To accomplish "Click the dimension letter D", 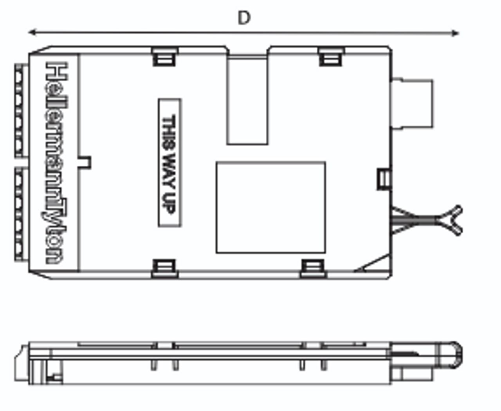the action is (x=244, y=18).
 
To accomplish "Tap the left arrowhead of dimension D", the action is (x=32, y=32).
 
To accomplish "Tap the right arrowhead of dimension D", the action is (x=455, y=33).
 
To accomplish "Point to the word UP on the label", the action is (x=169, y=204).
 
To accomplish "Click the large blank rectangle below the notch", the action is (x=271, y=207).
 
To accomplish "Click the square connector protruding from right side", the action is (x=412, y=104).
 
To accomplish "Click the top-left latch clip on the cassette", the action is (x=164, y=57).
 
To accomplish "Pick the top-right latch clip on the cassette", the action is (x=331, y=57).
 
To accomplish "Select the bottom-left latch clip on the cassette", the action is (x=165, y=268).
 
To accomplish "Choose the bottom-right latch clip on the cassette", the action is (x=313, y=268).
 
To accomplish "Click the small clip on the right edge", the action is (x=384, y=179).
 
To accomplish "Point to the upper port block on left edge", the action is (x=19, y=111).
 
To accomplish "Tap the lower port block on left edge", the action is (x=19, y=214).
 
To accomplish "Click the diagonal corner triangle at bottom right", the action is (x=375, y=264).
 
